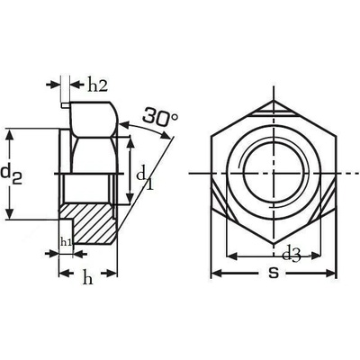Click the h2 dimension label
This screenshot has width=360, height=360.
click(x=97, y=85)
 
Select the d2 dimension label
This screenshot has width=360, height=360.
click(x=12, y=175)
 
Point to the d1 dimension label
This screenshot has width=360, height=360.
click(x=145, y=179)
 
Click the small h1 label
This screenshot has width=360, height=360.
click(x=66, y=241)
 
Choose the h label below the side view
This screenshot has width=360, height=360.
click(x=87, y=278)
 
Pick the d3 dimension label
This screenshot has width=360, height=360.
click(x=292, y=256)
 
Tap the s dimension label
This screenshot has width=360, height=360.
click(x=274, y=273)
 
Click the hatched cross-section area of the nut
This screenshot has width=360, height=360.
click(x=90, y=223)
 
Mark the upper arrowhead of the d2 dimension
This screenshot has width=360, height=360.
click(x=10, y=136)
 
